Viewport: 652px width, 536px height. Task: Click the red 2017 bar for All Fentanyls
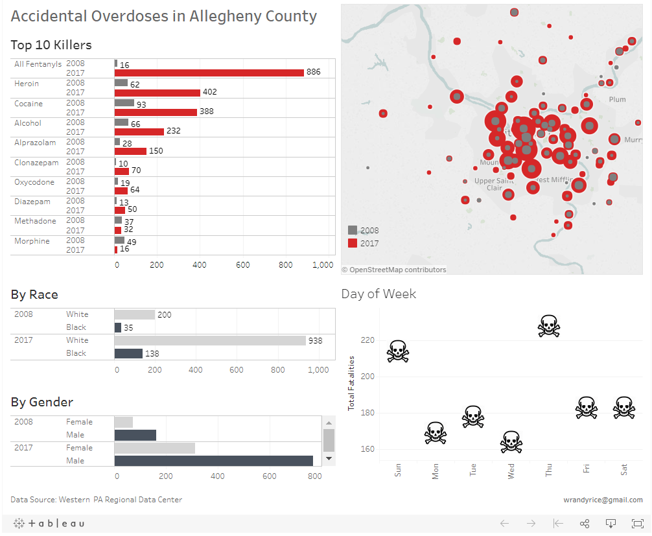[x=209, y=73]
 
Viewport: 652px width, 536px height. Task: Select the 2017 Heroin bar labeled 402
[x=157, y=93]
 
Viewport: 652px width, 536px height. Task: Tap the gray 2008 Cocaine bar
[x=124, y=103]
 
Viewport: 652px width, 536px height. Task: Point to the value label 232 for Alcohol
[x=173, y=131]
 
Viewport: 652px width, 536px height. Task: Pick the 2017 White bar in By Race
[x=210, y=340]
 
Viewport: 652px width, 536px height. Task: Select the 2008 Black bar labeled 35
[x=118, y=327]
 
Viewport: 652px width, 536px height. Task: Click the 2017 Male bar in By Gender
[x=214, y=461]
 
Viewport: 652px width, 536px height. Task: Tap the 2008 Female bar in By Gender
[x=124, y=422]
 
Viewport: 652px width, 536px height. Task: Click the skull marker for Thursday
[x=548, y=325]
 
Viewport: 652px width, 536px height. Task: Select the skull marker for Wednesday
[x=511, y=442]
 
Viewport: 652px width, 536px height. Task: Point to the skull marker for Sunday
[x=398, y=351]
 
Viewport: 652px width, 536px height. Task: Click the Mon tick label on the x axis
[x=436, y=471]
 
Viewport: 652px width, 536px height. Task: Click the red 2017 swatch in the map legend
[x=353, y=243]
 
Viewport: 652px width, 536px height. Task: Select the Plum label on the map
[x=618, y=99]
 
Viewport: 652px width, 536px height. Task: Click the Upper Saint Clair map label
[x=494, y=184]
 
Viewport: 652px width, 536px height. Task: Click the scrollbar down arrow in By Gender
[x=329, y=458]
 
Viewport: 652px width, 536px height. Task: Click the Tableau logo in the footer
[x=49, y=523]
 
